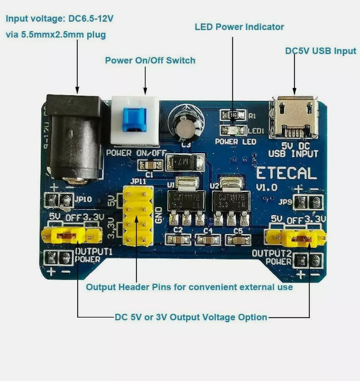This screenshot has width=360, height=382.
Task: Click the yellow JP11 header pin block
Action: pyautogui.click(x=138, y=215)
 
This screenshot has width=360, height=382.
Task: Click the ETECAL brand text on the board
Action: pyautogui.click(x=287, y=173)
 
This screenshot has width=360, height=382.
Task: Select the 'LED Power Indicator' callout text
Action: pyautogui.click(x=239, y=27)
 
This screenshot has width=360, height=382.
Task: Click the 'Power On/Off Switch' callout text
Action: pyautogui.click(x=150, y=60)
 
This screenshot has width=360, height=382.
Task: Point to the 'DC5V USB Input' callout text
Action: pyautogui.click(x=321, y=51)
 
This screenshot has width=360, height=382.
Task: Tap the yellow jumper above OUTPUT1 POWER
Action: pyautogui.click(x=71, y=235)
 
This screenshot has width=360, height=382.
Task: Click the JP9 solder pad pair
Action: pyautogui.click(x=308, y=202)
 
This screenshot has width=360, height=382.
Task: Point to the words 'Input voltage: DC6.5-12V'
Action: pyautogui.click(x=60, y=18)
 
